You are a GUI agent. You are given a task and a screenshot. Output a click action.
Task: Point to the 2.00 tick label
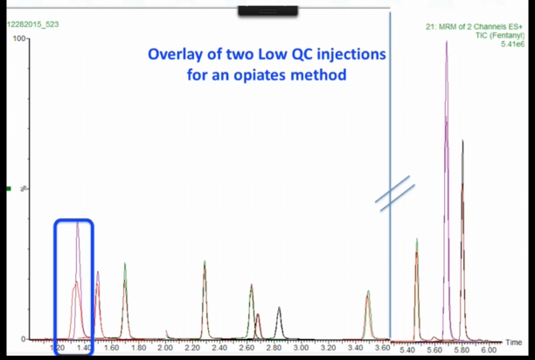(165, 348)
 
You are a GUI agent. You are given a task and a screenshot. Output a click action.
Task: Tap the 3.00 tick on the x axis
(302, 348)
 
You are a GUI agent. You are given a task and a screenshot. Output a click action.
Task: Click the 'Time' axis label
(515, 342)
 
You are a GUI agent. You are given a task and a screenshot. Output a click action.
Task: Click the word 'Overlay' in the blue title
(177, 55)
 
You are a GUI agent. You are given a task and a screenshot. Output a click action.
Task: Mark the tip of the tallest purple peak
(447, 42)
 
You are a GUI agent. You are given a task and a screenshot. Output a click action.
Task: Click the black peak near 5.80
(462, 141)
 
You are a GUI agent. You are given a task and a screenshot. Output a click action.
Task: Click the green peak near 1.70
(125, 264)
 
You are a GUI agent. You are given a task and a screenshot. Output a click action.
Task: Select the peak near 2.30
(205, 261)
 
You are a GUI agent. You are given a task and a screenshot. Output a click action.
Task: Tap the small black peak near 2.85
(279, 308)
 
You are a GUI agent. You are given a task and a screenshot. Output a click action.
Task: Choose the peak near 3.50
(369, 292)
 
